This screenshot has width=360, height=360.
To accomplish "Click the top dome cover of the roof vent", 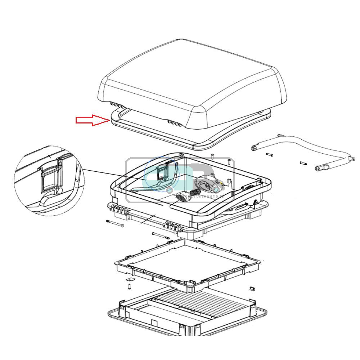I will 191,79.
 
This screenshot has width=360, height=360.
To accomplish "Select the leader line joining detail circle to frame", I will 108,175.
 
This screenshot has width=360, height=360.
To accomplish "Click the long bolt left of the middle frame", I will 115,224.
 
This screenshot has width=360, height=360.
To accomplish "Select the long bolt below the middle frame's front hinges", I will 161,236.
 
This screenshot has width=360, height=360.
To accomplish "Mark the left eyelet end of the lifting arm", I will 255,147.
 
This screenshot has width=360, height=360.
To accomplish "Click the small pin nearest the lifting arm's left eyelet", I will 270,155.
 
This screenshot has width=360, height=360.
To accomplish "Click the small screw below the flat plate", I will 129,287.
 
